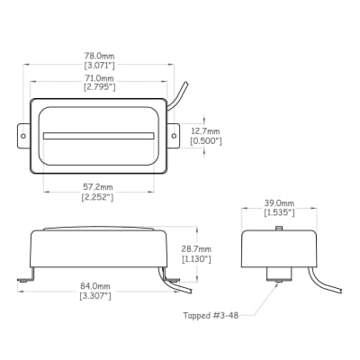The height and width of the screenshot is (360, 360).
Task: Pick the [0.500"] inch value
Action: pyautogui.click(x=206, y=141)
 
